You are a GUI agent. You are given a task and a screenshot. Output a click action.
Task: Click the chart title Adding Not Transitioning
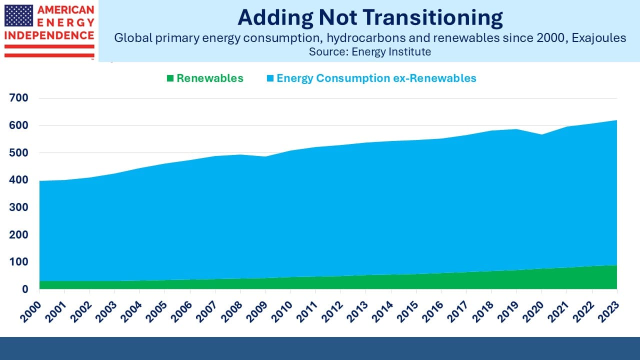pyautogui.click(x=370, y=17)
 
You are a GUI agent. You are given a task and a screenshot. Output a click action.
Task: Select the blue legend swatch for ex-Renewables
pyautogui.click(x=270, y=78)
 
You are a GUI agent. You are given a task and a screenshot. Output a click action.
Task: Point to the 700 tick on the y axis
pyautogui.click(x=18, y=98)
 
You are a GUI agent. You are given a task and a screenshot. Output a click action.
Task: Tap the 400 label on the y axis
pyautogui.click(x=18, y=180)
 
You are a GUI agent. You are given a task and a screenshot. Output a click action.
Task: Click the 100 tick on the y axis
pyautogui.click(x=18, y=262)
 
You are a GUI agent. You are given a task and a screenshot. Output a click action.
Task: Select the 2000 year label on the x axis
pyautogui.click(x=31, y=307)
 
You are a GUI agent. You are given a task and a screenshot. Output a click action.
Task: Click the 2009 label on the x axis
pyautogui.click(x=256, y=307)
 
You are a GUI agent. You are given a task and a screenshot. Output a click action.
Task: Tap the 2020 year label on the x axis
pyautogui.click(x=532, y=307)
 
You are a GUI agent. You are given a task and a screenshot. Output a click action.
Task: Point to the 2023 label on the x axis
pyautogui.click(x=607, y=307)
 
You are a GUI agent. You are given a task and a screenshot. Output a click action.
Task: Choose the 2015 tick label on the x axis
pyautogui.click(x=406, y=307)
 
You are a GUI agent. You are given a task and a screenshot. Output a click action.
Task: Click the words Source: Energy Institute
pyautogui.click(x=369, y=51)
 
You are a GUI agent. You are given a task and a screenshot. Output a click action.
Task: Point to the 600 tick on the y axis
pyautogui.click(x=18, y=125)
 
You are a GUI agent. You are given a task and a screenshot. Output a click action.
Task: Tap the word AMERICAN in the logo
pyautogui.click(x=65, y=10)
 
